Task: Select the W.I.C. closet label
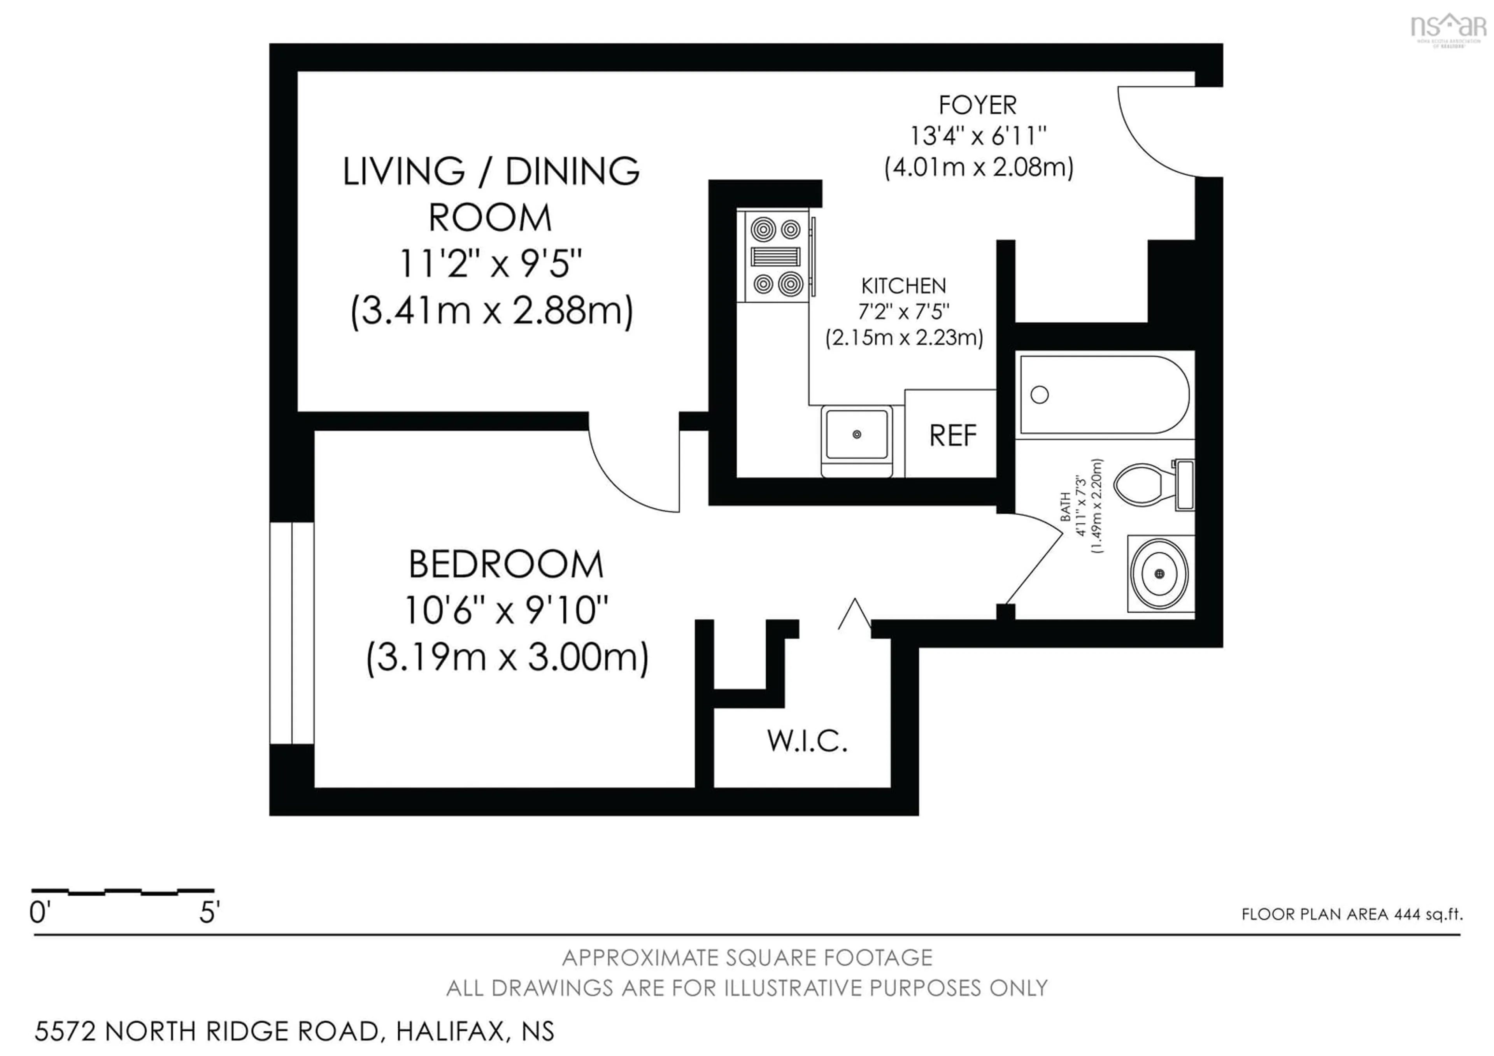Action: (807, 741)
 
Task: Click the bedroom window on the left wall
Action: (292, 632)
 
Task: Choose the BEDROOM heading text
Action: (506, 564)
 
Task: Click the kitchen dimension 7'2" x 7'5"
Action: (904, 312)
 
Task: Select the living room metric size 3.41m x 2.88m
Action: (491, 311)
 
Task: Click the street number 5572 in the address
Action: (65, 1031)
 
